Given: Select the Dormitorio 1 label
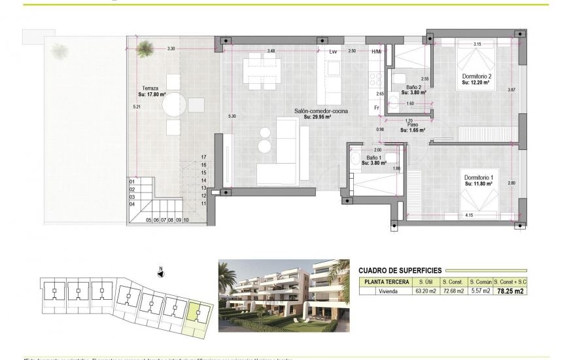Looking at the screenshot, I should tap(478, 178).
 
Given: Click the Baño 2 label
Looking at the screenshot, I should tap(413, 87).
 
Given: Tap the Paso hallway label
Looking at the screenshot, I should tap(413, 124).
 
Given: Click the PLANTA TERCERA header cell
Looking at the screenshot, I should tap(385, 281).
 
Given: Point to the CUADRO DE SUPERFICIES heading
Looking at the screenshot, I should tap(400, 270).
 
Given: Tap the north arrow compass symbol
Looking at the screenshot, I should tap(160, 274).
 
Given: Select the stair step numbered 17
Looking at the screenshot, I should tap(204, 157).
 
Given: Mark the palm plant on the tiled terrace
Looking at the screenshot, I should tap(143, 45).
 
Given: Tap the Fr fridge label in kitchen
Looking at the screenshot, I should tap(377, 107).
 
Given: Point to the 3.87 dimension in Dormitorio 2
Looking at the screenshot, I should tap(511, 90).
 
